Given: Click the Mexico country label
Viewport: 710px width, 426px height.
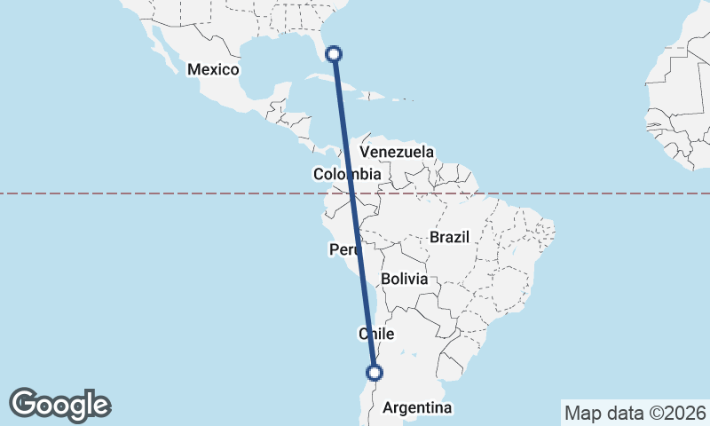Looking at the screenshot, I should coord(213,69).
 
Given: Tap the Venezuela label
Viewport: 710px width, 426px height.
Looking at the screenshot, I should coord(397,152).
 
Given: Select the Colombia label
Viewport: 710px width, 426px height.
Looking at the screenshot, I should coord(347,175).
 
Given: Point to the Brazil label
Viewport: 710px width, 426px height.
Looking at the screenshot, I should coord(448,237).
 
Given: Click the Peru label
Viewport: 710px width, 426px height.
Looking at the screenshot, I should coord(344,250).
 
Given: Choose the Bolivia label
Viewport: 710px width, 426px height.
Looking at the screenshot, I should coord(405,279).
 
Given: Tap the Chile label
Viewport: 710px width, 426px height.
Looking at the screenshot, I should coord(375,334).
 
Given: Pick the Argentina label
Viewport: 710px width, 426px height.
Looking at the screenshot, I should coord(416,407).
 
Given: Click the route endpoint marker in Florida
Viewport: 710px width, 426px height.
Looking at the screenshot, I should coord(334,54).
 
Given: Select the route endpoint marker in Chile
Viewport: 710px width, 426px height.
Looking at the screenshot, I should coord(375,373).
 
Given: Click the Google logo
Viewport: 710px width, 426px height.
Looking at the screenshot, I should coord(60,404).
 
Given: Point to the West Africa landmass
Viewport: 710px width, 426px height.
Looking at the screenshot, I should coord(679,106).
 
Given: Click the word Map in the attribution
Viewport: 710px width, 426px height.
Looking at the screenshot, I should coord(581,413).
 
